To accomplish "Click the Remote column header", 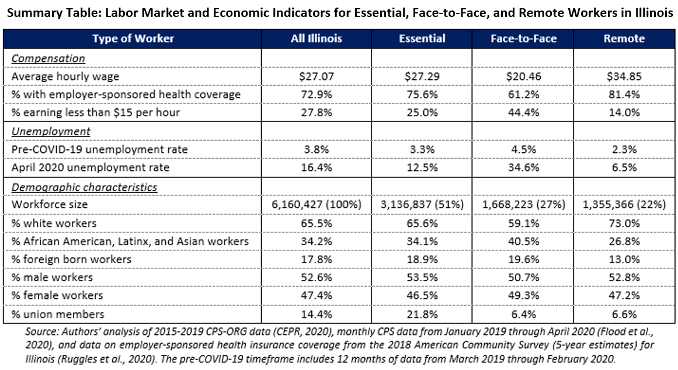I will (x=625, y=39).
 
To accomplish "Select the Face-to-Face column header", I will (x=523, y=39).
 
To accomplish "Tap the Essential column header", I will (x=422, y=39).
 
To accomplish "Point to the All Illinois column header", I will (x=317, y=39).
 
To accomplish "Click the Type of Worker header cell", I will (x=133, y=39).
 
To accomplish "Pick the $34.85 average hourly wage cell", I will (x=625, y=76).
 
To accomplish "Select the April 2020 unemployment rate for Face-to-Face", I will (x=523, y=168).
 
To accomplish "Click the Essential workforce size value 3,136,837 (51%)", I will (x=422, y=205).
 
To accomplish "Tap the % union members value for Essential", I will (x=422, y=314).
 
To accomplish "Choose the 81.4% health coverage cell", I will (x=625, y=95).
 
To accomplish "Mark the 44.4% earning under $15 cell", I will (x=523, y=113).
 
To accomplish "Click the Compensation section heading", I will (x=48, y=58).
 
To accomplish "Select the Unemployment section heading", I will (x=51, y=131).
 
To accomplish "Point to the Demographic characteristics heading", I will (x=84, y=187).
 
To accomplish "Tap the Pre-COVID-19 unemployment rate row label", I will (x=99, y=150).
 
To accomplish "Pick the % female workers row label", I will (x=57, y=296).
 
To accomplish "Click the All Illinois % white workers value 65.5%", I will (x=317, y=224).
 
